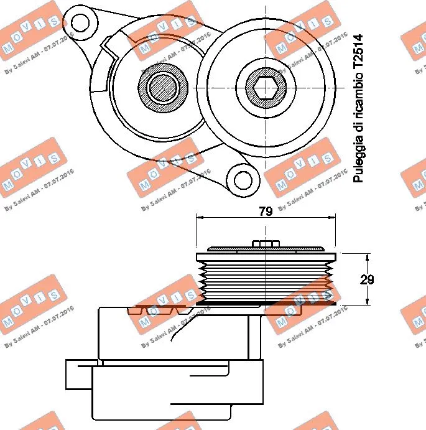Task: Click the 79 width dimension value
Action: coord(266,211)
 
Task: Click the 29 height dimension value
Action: coord(368,279)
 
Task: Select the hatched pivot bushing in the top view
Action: coord(164,86)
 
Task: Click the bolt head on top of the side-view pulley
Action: coord(266,243)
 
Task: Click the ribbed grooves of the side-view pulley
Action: coord(266,280)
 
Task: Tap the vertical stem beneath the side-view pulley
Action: coord(254,336)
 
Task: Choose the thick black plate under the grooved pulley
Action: coord(266,304)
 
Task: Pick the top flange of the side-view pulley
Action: coord(266,256)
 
